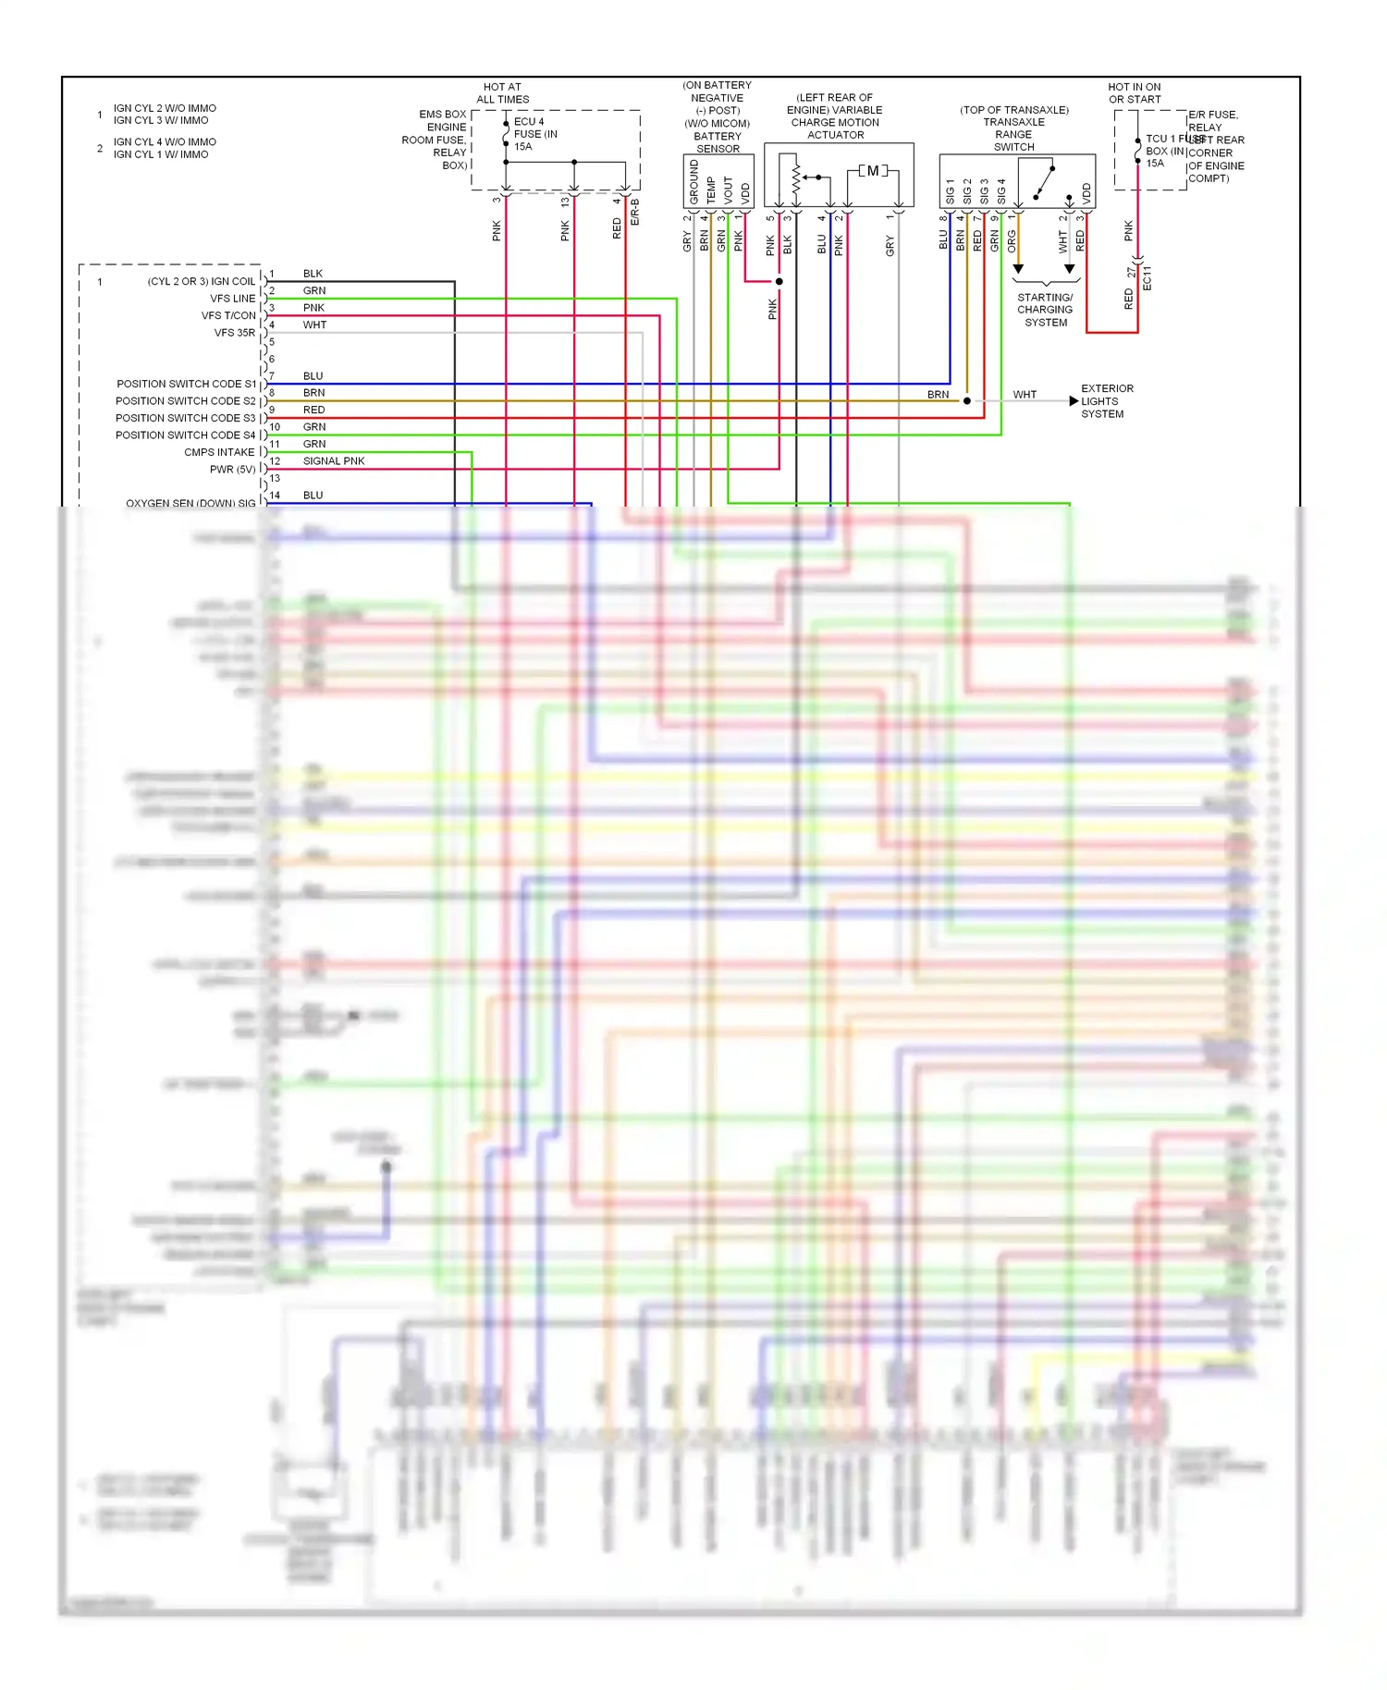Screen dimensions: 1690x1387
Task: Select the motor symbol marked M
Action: point(873,171)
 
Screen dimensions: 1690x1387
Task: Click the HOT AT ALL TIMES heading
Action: point(502,93)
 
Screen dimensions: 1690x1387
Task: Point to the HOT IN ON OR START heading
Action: point(1135,93)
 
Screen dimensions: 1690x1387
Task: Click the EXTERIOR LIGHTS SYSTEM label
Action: point(1107,401)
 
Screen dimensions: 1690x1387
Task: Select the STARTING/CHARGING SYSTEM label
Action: point(1045,310)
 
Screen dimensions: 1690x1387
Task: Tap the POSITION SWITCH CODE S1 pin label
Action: point(186,384)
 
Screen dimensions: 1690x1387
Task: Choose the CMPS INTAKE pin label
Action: point(219,452)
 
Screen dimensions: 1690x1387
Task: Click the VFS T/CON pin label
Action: point(228,315)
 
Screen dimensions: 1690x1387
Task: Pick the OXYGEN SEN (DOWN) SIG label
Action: point(190,503)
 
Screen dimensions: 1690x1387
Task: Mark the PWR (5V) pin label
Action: point(232,470)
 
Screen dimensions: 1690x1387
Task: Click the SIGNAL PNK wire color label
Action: point(334,460)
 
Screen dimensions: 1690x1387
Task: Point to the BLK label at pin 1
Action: point(313,274)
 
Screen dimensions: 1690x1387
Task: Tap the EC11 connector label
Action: point(1147,278)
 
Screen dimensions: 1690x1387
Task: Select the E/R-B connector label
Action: point(634,212)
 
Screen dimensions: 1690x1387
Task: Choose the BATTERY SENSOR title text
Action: point(718,142)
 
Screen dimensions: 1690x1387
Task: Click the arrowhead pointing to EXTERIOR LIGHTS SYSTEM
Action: point(1074,401)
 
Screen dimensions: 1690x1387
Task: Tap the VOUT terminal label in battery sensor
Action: point(728,190)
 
